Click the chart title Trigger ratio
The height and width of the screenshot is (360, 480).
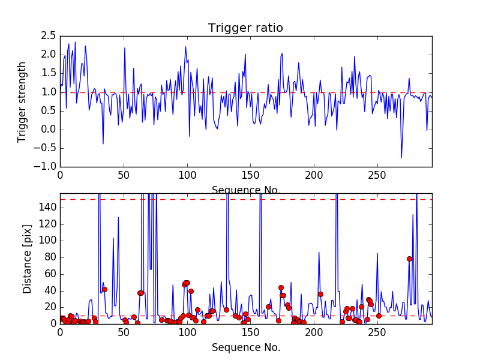(245, 28)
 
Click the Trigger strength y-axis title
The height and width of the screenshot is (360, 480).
(22, 101)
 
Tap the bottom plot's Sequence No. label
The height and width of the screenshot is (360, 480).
(245, 347)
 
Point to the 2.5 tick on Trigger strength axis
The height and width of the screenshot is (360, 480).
(48, 37)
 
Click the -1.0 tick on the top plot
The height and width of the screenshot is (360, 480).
(45, 167)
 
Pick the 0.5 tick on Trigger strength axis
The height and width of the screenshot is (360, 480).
(48, 111)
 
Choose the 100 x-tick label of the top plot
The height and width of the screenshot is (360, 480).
(187, 175)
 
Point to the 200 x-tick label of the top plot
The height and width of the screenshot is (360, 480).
(314, 175)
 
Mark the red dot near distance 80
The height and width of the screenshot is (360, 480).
(409, 259)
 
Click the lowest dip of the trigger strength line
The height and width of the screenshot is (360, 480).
(401, 158)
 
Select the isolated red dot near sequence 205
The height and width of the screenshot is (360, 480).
(320, 294)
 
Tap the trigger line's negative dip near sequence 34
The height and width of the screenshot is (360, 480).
(103, 143)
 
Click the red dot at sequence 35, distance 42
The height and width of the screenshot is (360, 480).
(104, 289)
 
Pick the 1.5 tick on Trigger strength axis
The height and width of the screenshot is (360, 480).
(48, 74)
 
